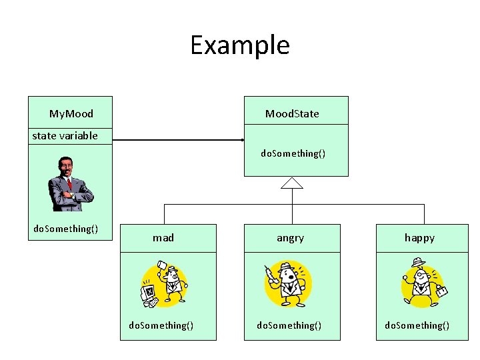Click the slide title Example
[x=240, y=45]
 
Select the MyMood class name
[x=71, y=114]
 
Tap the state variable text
[x=65, y=135]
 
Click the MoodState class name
[x=292, y=114]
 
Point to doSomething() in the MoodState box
[x=293, y=153]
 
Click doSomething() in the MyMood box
[x=66, y=229]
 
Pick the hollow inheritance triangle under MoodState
[x=292, y=183]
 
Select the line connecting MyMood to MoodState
[x=178, y=140]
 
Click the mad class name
[x=163, y=238]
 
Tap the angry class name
[x=290, y=238]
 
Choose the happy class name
[x=420, y=238]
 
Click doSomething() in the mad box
[x=161, y=325]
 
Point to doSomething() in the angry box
[x=289, y=325]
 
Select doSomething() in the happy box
[x=417, y=325]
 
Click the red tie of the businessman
[x=69, y=184]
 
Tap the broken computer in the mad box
[x=149, y=295]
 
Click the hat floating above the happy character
[x=418, y=263]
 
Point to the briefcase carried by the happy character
[x=441, y=291]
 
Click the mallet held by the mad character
[x=161, y=266]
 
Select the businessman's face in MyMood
[x=65, y=167]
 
